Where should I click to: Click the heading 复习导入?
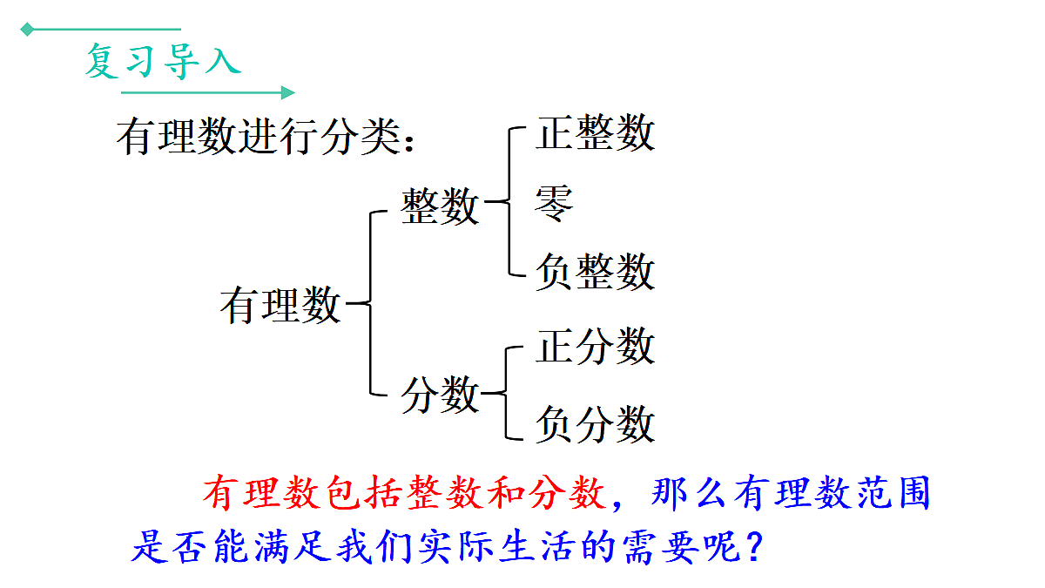pyautogui.click(x=162, y=61)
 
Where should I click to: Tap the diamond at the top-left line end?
pyautogui.click(x=27, y=30)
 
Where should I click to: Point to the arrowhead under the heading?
pyautogui.click(x=288, y=92)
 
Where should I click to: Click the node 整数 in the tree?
pyautogui.click(x=440, y=206)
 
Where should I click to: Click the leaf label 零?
pyautogui.click(x=555, y=204)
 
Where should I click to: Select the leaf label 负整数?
pyautogui.click(x=595, y=271)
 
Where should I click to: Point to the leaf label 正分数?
pyautogui.click(x=595, y=346)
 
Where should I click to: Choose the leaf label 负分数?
pyautogui.click(x=595, y=425)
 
